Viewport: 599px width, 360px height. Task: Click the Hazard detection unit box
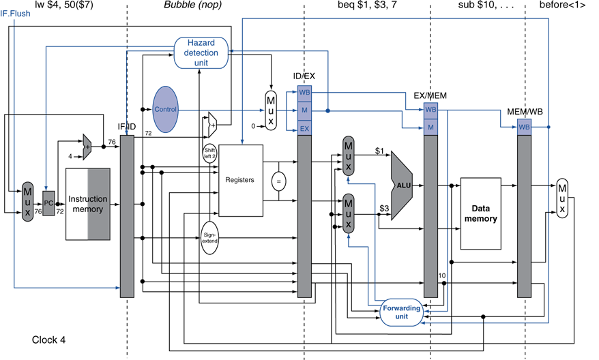(x=201, y=52)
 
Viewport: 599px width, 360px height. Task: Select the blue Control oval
(x=165, y=109)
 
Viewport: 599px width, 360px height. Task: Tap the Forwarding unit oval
(x=402, y=312)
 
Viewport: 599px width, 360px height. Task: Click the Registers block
(x=241, y=180)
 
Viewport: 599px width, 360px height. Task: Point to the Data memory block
(x=480, y=213)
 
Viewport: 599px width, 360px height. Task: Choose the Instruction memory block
(x=88, y=204)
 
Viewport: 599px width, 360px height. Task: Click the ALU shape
(x=402, y=185)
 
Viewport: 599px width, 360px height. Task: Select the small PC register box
(x=48, y=203)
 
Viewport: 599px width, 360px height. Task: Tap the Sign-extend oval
(x=209, y=238)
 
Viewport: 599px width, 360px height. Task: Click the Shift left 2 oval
(x=209, y=153)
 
